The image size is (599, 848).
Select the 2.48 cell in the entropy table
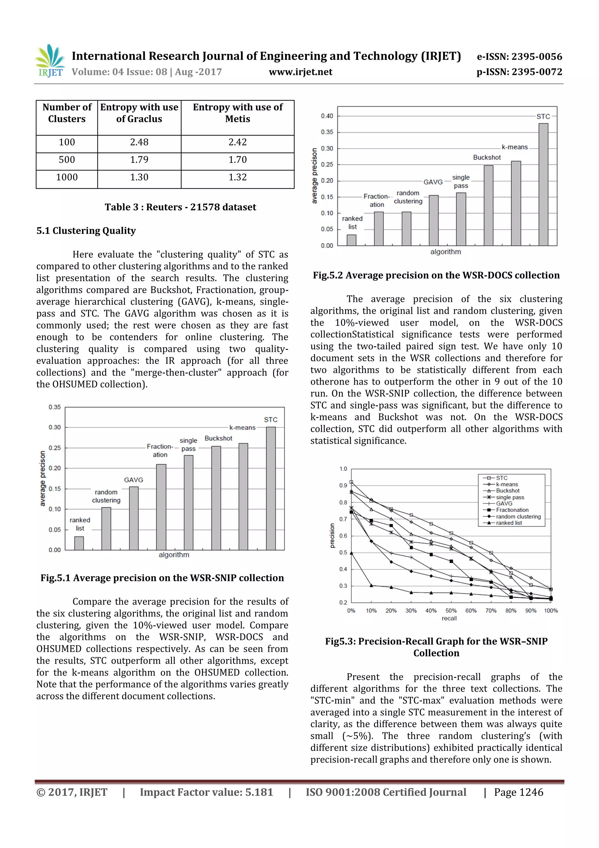(x=139, y=142)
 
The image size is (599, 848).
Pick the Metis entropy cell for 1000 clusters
(x=237, y=177)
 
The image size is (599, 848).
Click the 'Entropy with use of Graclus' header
(x=139, y=113)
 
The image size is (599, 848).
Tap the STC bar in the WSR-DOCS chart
(x=543, y=185)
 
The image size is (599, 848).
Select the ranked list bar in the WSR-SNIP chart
(x=79, y=543)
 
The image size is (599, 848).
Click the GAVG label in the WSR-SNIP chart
(x=133, y=480)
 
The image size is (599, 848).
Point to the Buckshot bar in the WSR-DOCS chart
(x=488, y=205)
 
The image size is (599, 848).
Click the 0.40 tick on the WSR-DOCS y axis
(x=327, y=116)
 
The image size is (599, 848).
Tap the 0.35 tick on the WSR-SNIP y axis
(x=55, y=407)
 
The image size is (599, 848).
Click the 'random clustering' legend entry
(x=518, y=516)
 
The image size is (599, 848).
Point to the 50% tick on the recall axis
(x=451, y=611)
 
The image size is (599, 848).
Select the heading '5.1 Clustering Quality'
(x=86, y=231)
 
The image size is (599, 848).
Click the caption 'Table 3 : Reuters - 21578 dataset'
(x=180, y=207)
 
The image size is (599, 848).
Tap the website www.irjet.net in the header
(x=300, y=72)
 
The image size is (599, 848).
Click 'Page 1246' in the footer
(x=518, y=792)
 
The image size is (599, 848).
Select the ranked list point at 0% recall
(x=351, y=553)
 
